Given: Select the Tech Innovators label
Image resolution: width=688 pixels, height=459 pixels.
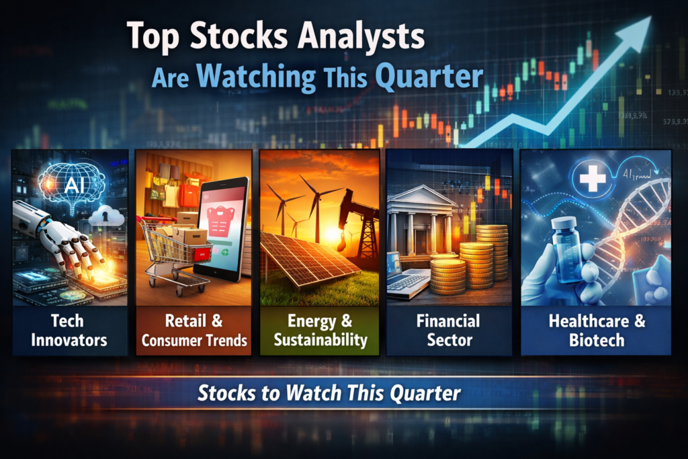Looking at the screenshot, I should coord(69,330).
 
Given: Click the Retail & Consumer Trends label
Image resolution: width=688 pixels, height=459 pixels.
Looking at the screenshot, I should coord(193,330).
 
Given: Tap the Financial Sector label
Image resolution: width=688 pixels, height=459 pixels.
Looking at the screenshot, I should coord(448,330).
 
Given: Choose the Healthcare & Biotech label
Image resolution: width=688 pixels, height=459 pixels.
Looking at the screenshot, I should coord(597,330).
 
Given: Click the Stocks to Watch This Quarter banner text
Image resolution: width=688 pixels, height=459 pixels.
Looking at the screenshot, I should coord(329,393).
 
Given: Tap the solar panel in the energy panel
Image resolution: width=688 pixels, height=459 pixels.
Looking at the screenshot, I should coord(306,259).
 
